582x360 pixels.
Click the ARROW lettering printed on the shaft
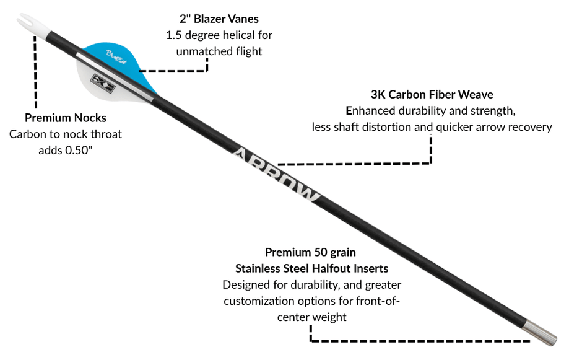(x=276, y=175)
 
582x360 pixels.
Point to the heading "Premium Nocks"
(x=66, y=118)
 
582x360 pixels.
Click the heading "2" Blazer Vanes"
(x=219, y=19)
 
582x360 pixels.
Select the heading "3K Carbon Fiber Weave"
(x=432, y=94)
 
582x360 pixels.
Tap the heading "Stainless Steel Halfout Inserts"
(x=312, y=268)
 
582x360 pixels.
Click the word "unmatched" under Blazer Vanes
(x=200, y=51)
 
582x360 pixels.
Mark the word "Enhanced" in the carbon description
(x=370, y=111)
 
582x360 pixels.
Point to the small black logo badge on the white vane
(x=103, y=84)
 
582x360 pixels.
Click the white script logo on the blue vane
(x=116, y=56)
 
